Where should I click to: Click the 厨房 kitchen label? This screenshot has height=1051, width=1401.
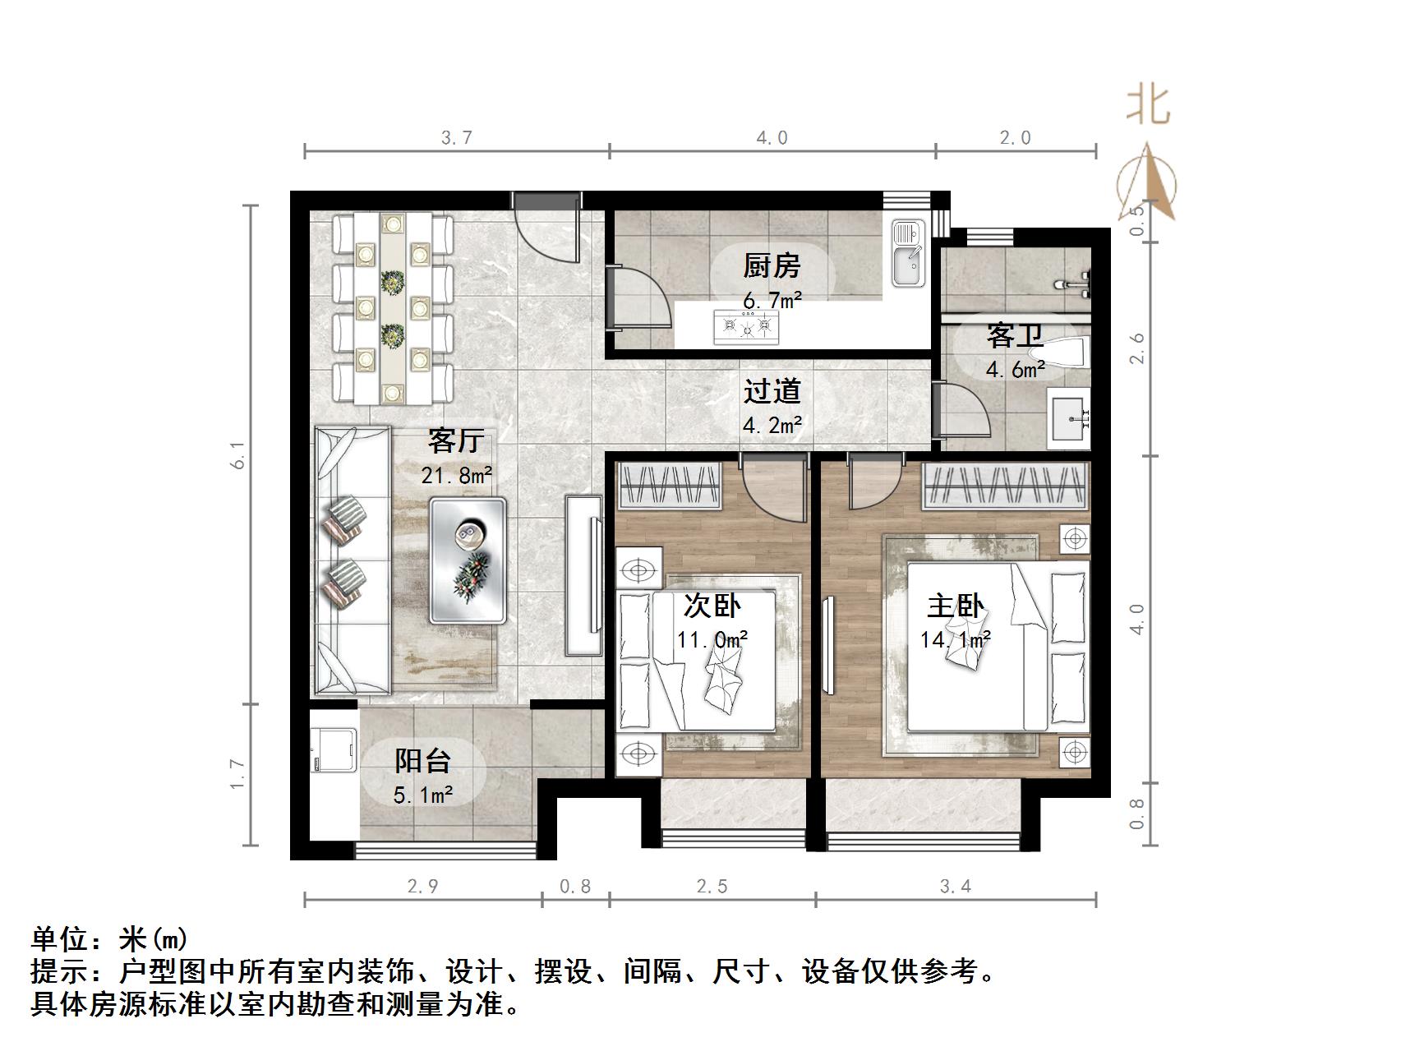click(x=771, y=266)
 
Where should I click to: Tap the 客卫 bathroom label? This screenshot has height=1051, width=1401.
click(x=1015, y=336)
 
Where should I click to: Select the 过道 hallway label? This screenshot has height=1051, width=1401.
click(x=771, y=392)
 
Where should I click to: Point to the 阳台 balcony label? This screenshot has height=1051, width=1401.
click(x=422, y=761)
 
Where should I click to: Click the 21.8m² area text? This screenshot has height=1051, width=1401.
click(x=457, y=475)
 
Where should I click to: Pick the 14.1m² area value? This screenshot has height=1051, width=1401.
click(x=955, y=639)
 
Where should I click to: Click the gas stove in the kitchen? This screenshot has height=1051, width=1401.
click(x=746, y=326)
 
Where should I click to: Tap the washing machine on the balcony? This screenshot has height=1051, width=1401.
click(x=333, y=749)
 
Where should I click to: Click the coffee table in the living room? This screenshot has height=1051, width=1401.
click(x=468, y=559)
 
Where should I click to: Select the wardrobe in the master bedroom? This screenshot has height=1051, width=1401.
click(x=1006, y=486)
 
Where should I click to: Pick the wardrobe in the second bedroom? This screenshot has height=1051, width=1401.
click(x=669, y=485)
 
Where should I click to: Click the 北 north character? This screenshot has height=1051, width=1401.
click(x=1147, y=106)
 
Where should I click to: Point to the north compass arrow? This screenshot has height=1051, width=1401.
click(x=1147, y=182)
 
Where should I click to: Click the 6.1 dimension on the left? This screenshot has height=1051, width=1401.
click(x=238, y=454)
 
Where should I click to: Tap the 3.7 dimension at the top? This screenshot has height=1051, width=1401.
click(x=456, y=137)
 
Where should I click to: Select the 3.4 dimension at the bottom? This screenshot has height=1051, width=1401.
click(x=955, y=886)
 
